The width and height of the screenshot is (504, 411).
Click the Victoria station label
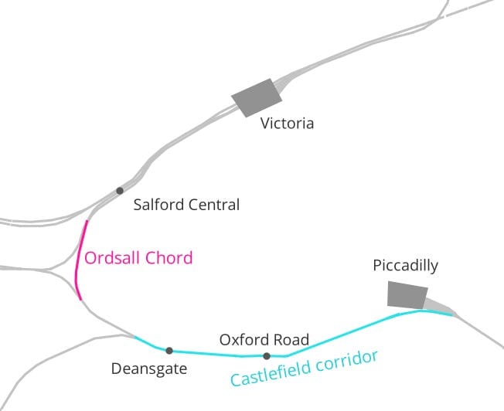(287, 124)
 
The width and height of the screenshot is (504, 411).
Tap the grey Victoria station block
(257, 98)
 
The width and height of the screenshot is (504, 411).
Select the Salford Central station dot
(119, 190)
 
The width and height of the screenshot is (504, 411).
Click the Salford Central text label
(186, 206)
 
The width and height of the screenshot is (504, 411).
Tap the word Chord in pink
(169, 258)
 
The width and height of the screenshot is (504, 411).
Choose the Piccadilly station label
(405, 266)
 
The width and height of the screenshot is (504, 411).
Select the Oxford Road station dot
(267, 356)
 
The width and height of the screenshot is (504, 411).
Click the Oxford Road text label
(264, 340)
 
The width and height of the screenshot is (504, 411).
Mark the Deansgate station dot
(169, 351)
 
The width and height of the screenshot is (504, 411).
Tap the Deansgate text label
(149, 369)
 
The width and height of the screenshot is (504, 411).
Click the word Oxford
(243, 340)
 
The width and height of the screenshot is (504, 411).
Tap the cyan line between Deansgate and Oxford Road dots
(216, 355)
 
